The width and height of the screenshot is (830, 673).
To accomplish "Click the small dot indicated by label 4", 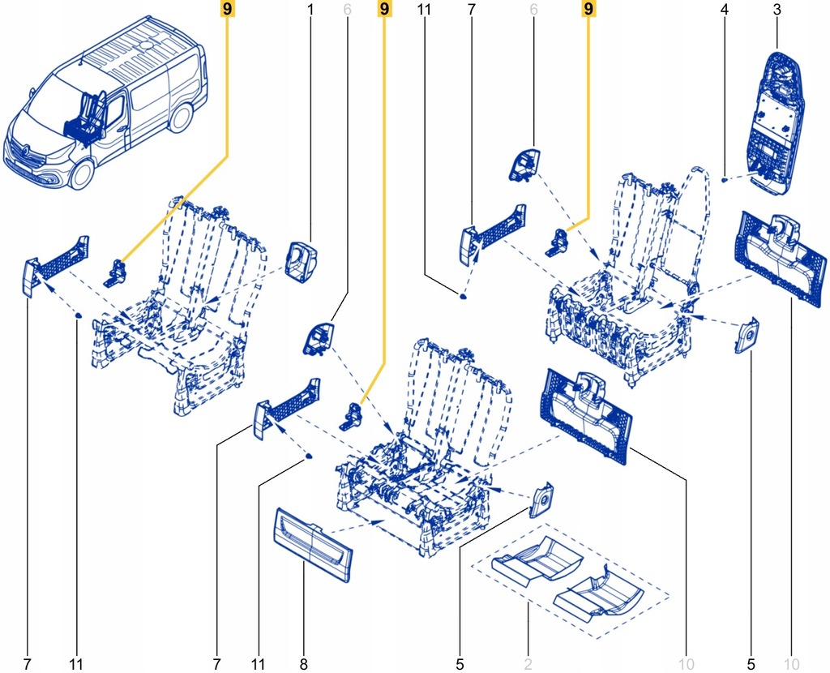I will (723, 179).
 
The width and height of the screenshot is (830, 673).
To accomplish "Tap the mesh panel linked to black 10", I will (585, 414).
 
